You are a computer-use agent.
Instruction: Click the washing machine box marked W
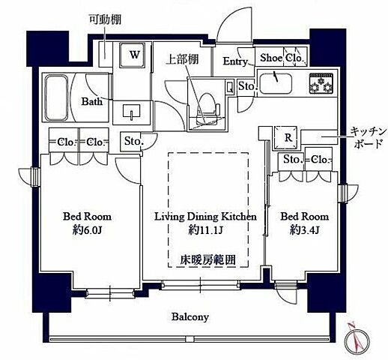135,55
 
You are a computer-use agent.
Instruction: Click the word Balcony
191,316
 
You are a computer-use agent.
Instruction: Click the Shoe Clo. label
281,57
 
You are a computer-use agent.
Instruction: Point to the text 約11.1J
204,229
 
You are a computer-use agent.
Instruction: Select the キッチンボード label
368,137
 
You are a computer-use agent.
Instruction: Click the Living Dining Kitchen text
205,216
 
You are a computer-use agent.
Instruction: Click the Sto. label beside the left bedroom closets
133,140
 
